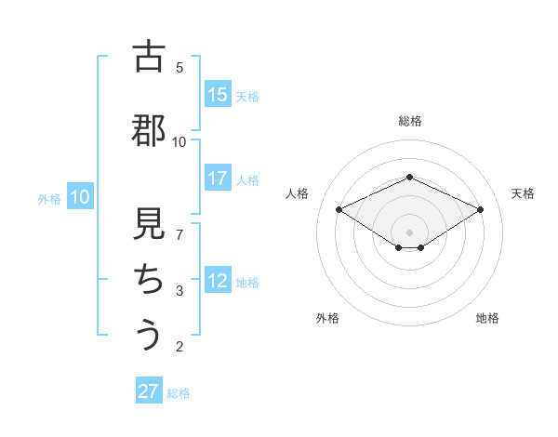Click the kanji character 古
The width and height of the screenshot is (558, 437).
[149, 58]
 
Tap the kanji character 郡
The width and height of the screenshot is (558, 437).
[149, 131]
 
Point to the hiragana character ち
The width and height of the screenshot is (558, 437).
[149, 280]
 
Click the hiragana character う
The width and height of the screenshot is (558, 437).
[149, 334]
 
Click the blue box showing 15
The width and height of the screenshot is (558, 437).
[218, 95]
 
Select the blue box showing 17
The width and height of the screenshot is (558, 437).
[218, 179]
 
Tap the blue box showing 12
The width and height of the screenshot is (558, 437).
[218, 281]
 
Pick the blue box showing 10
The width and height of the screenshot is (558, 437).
[80, 197]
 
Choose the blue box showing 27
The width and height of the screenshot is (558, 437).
[149, 391]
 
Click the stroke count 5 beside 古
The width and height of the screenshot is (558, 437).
[179, 67]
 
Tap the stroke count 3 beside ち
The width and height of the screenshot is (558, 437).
[179, 291]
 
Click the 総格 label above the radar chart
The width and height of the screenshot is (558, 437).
[409, 121]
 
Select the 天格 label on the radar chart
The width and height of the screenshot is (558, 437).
[523, 193]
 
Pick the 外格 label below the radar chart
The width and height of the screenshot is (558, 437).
[327, 318]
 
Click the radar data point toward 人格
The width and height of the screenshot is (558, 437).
[339, 209]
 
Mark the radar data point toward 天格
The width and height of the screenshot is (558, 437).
[481, 209]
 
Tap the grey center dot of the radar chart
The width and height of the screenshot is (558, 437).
[409, 232]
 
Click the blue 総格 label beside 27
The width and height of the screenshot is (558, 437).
[179, 393]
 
